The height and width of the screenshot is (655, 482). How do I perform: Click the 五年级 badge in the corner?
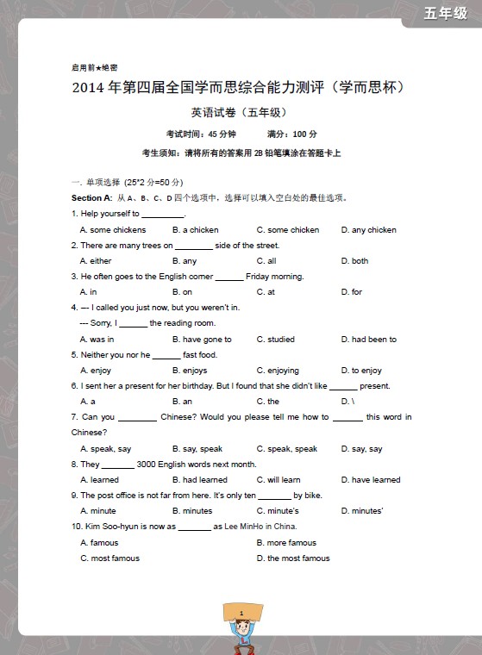445,13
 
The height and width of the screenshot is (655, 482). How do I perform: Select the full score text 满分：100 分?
292,134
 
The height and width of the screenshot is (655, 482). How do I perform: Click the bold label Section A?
92,197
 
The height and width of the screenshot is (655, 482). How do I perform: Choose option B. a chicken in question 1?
195,230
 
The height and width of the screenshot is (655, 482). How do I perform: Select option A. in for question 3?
88,292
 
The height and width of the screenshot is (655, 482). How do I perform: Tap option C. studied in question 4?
275,340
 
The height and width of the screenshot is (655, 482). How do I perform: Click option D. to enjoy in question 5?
361,371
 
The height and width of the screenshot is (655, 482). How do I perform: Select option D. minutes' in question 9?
361,511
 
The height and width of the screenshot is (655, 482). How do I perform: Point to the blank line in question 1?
163,214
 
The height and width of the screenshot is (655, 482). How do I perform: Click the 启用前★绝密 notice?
95,67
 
